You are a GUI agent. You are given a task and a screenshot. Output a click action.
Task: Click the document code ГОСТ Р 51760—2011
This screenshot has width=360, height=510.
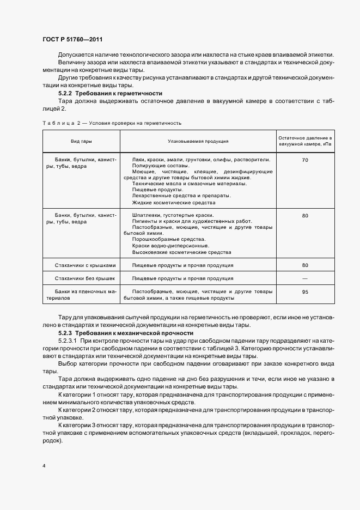72,39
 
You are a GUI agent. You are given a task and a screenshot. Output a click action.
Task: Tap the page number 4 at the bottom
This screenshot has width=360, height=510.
43,466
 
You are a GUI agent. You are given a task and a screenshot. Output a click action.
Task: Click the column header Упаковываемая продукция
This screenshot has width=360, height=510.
198,141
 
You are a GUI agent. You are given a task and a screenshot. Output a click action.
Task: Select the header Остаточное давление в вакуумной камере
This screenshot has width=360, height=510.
304,141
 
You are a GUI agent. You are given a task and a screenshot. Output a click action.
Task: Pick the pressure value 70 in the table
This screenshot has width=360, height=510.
304,160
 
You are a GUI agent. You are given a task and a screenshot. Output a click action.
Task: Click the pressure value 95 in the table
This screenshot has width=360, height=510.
304,292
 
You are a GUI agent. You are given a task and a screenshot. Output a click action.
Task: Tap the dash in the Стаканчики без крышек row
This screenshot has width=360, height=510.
304,278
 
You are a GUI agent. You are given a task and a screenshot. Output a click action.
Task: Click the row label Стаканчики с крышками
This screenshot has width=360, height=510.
85,265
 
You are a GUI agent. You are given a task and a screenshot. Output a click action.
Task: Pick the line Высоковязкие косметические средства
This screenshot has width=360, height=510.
181,252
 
